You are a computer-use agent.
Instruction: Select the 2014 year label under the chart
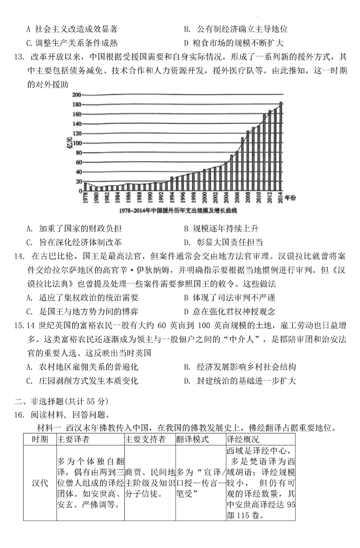pyautogui.click(x=281, y=198)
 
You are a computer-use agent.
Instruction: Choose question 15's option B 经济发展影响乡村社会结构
pyautogui.click(x=240, y=367)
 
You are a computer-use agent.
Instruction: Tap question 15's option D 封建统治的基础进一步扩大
pyautogui.click(x=240, y=381)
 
